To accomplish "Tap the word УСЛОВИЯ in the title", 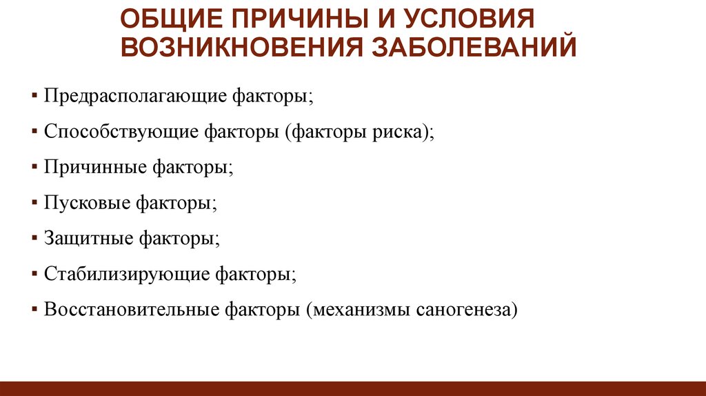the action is coord(469,19).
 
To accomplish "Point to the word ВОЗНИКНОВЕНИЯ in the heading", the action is coord(241,47).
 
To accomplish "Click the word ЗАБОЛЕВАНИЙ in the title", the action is coord(474,46).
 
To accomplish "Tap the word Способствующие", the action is coord(121,132).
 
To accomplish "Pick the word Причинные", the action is coord(95,168).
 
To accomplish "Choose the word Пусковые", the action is coord(87,204).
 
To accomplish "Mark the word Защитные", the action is coord(88,239).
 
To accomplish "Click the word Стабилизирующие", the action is coord(127,275).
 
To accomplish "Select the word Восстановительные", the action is coord(131,310).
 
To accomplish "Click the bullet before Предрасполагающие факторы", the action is coord(34,95).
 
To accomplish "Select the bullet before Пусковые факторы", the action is coord(34,202).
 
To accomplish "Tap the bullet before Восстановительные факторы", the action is coord(34,310).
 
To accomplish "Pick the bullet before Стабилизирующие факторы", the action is coord(34,273).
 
